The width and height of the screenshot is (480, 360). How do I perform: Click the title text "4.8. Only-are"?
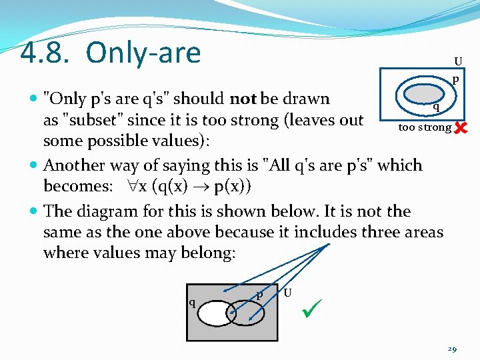[111, 52]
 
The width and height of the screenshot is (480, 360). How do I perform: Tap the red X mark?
[460, 126]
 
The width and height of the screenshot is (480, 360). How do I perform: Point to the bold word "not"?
[243, 99]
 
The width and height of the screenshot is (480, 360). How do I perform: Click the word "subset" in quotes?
[90, 120]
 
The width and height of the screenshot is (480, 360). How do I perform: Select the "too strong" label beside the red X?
[425, 127]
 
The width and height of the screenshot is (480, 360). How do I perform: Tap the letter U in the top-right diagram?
[458, 62]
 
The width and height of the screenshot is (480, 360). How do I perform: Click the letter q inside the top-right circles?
[435, 106]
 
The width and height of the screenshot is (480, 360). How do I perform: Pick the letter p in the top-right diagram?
[456, 79]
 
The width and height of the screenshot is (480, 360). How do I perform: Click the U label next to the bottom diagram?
[287, 293]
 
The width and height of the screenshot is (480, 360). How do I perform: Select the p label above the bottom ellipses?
[259, 294]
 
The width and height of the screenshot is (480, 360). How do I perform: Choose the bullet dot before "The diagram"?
[34, 211]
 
